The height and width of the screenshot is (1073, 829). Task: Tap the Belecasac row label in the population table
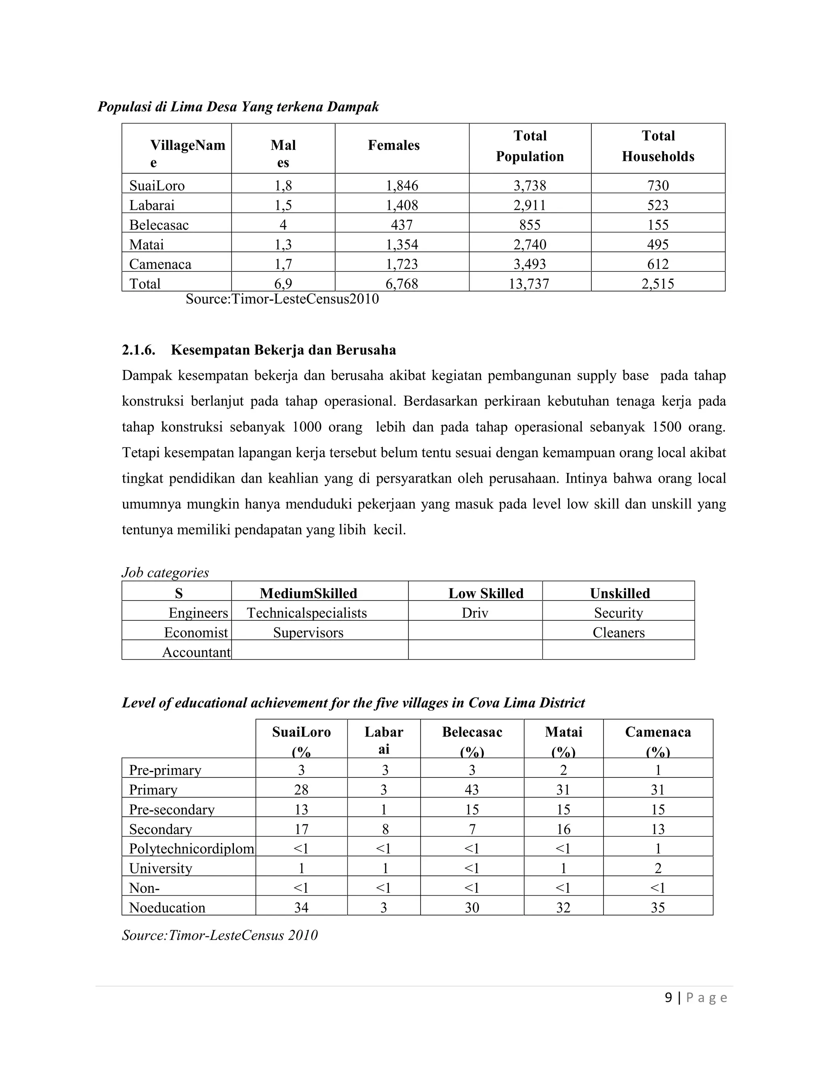coord(159,225)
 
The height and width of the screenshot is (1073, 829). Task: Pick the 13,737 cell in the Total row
coord(529,283)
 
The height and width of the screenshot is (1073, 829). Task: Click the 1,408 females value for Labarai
coord(401,205)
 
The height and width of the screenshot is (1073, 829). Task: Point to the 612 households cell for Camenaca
coord(658,264)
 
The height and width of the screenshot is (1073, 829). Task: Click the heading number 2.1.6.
coord(138,350)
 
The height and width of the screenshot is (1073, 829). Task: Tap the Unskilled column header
coord(619,593)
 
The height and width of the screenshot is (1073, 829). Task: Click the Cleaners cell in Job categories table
coord(619,632)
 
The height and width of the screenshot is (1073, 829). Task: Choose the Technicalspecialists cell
coord(307,613)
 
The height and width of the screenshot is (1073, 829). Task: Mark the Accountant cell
coord(196,652)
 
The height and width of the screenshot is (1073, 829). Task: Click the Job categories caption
coord(165,573)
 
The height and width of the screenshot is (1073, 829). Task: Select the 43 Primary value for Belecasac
coord(472,790)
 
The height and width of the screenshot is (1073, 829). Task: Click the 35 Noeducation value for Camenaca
coord(658,907)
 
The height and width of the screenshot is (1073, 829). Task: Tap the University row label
coord(161,868)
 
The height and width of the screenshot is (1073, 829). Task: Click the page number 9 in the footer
coord(668,997)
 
